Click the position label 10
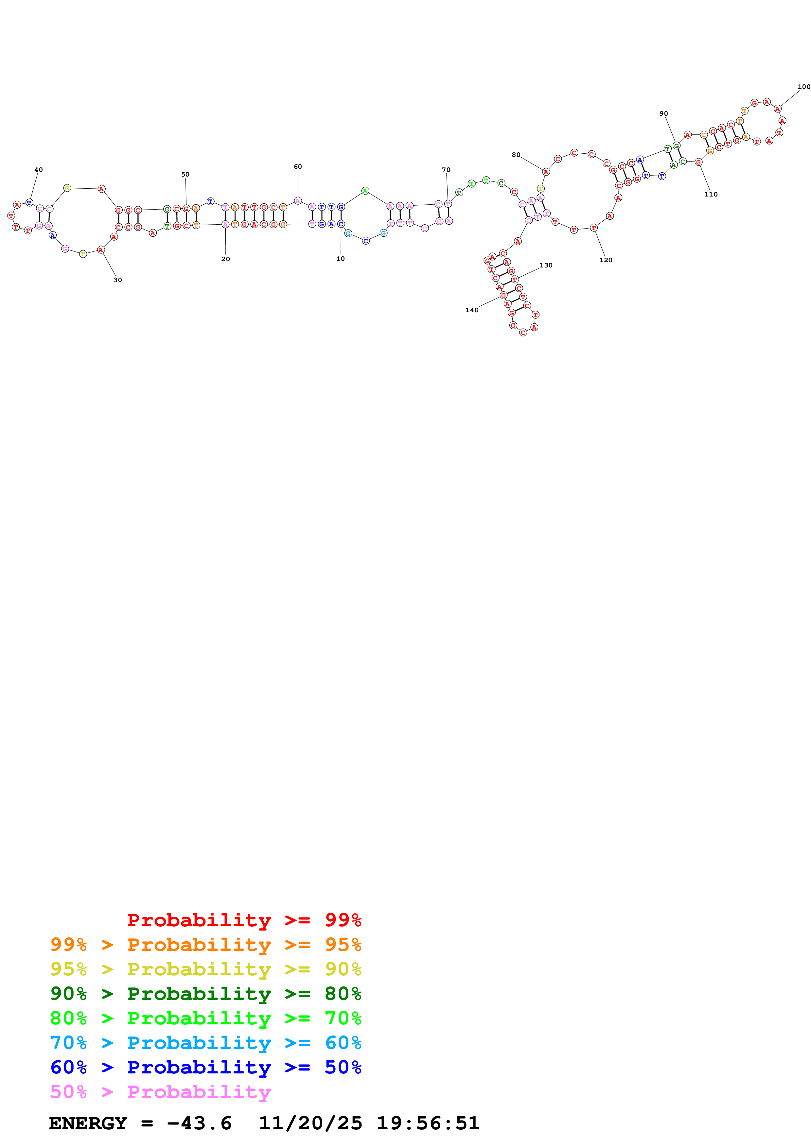point(340,259)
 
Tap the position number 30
point(117,280)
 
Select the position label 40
point(39,170)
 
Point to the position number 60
point(298,166)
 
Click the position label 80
point(516,155)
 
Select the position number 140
point(472,310)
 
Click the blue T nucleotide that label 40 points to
point(29,203)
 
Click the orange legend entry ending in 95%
point(205,944)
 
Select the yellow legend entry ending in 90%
point(205,969)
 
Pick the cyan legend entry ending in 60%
point(205,1043)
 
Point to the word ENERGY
point(88,1123)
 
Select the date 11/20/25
point(310,1123)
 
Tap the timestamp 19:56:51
point(428,1123)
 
